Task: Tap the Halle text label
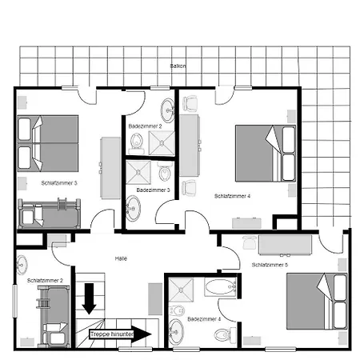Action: [x=122, y=258]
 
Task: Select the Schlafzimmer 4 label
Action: [x=232, y=195]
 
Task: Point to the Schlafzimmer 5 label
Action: [x=270, y=264]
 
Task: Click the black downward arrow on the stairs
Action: [x=89, y=298]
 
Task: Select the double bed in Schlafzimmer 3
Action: [x=50, y=142]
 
